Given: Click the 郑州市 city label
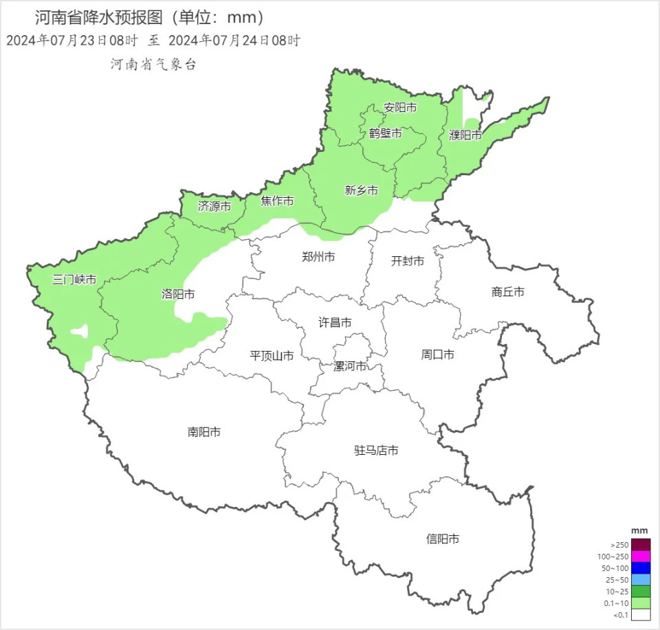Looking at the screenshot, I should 318,257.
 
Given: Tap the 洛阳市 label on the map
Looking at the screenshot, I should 178,294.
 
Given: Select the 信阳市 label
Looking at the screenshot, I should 443,539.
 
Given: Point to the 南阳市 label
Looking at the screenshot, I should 204,432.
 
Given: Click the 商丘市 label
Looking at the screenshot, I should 508,292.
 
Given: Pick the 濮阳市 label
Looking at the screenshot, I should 465,135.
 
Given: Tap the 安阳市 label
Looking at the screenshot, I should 400,108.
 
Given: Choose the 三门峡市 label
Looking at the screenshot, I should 74,280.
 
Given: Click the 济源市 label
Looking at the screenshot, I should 214,205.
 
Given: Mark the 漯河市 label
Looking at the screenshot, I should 350,366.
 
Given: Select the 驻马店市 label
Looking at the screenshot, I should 376,451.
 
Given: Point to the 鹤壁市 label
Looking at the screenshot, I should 385,133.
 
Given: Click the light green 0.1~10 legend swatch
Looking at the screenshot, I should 641,603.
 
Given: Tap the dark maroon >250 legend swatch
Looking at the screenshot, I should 641,544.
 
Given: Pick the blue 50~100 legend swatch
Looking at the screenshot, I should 641,567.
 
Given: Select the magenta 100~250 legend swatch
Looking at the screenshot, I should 641,556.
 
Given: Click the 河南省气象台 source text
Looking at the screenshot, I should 153,64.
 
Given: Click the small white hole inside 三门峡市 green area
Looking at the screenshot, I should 80,332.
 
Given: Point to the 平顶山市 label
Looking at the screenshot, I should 272,356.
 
